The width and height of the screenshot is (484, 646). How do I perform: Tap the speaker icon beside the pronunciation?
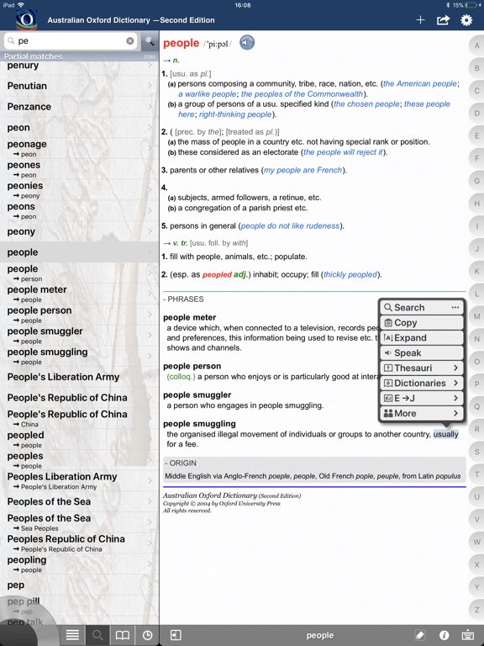pyautogui.click(x=247, y=43)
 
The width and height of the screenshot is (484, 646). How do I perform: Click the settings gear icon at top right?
pyautogui.click(x=466, y=20)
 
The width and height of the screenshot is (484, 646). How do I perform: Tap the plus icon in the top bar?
pyautogui.click(x=421, y=20)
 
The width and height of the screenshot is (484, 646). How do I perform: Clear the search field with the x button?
pyautogui.click(x=130, y=40)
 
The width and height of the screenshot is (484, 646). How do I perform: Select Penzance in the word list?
pyautogui.click(x=29, y=107)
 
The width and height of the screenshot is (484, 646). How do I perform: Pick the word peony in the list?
pyautogui.click(x=22, y=231)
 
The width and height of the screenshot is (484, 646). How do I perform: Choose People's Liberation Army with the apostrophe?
pyautogui.click(x=64, y=377)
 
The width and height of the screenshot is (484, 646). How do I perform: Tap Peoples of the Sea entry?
pyautogui.click(x=49, y=501)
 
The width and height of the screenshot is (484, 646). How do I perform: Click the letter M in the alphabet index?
pyautogui.click(x=476, y=316)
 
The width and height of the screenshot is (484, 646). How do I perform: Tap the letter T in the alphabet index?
pyautogui.click(x=476, y=474)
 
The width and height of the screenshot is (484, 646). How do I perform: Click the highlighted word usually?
pyautogui.click(x=446, y=435)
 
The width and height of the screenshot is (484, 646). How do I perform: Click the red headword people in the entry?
pyautogui.click(x=181, y=43)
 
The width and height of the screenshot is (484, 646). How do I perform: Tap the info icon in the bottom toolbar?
pyautogui.click(x=445, y=636)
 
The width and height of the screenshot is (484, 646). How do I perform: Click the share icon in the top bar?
pyautogui.click(x=444, y=20)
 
